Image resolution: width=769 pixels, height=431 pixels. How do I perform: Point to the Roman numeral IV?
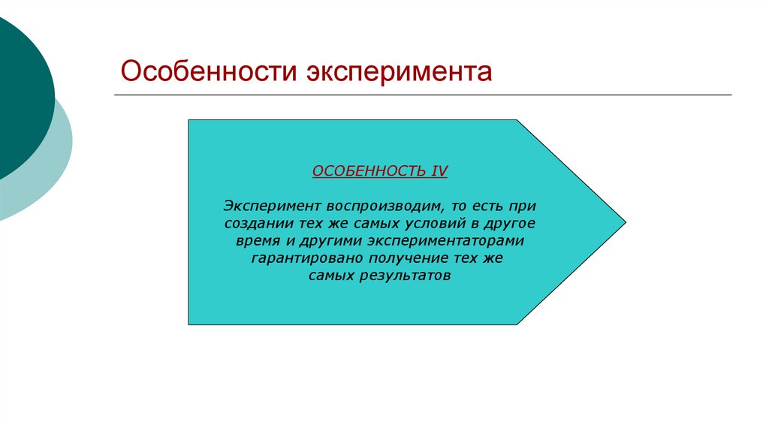coord(439,171)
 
